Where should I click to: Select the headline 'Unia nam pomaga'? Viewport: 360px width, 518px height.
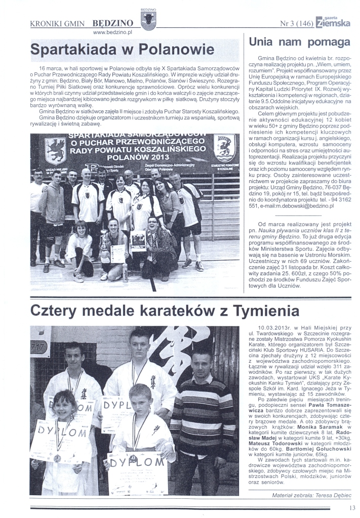[297, 42]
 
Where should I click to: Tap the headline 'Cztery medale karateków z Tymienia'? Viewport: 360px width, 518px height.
[165, 310]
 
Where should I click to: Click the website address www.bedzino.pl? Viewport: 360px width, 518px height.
[113, 32]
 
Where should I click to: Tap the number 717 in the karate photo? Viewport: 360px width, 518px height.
[39, 347]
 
